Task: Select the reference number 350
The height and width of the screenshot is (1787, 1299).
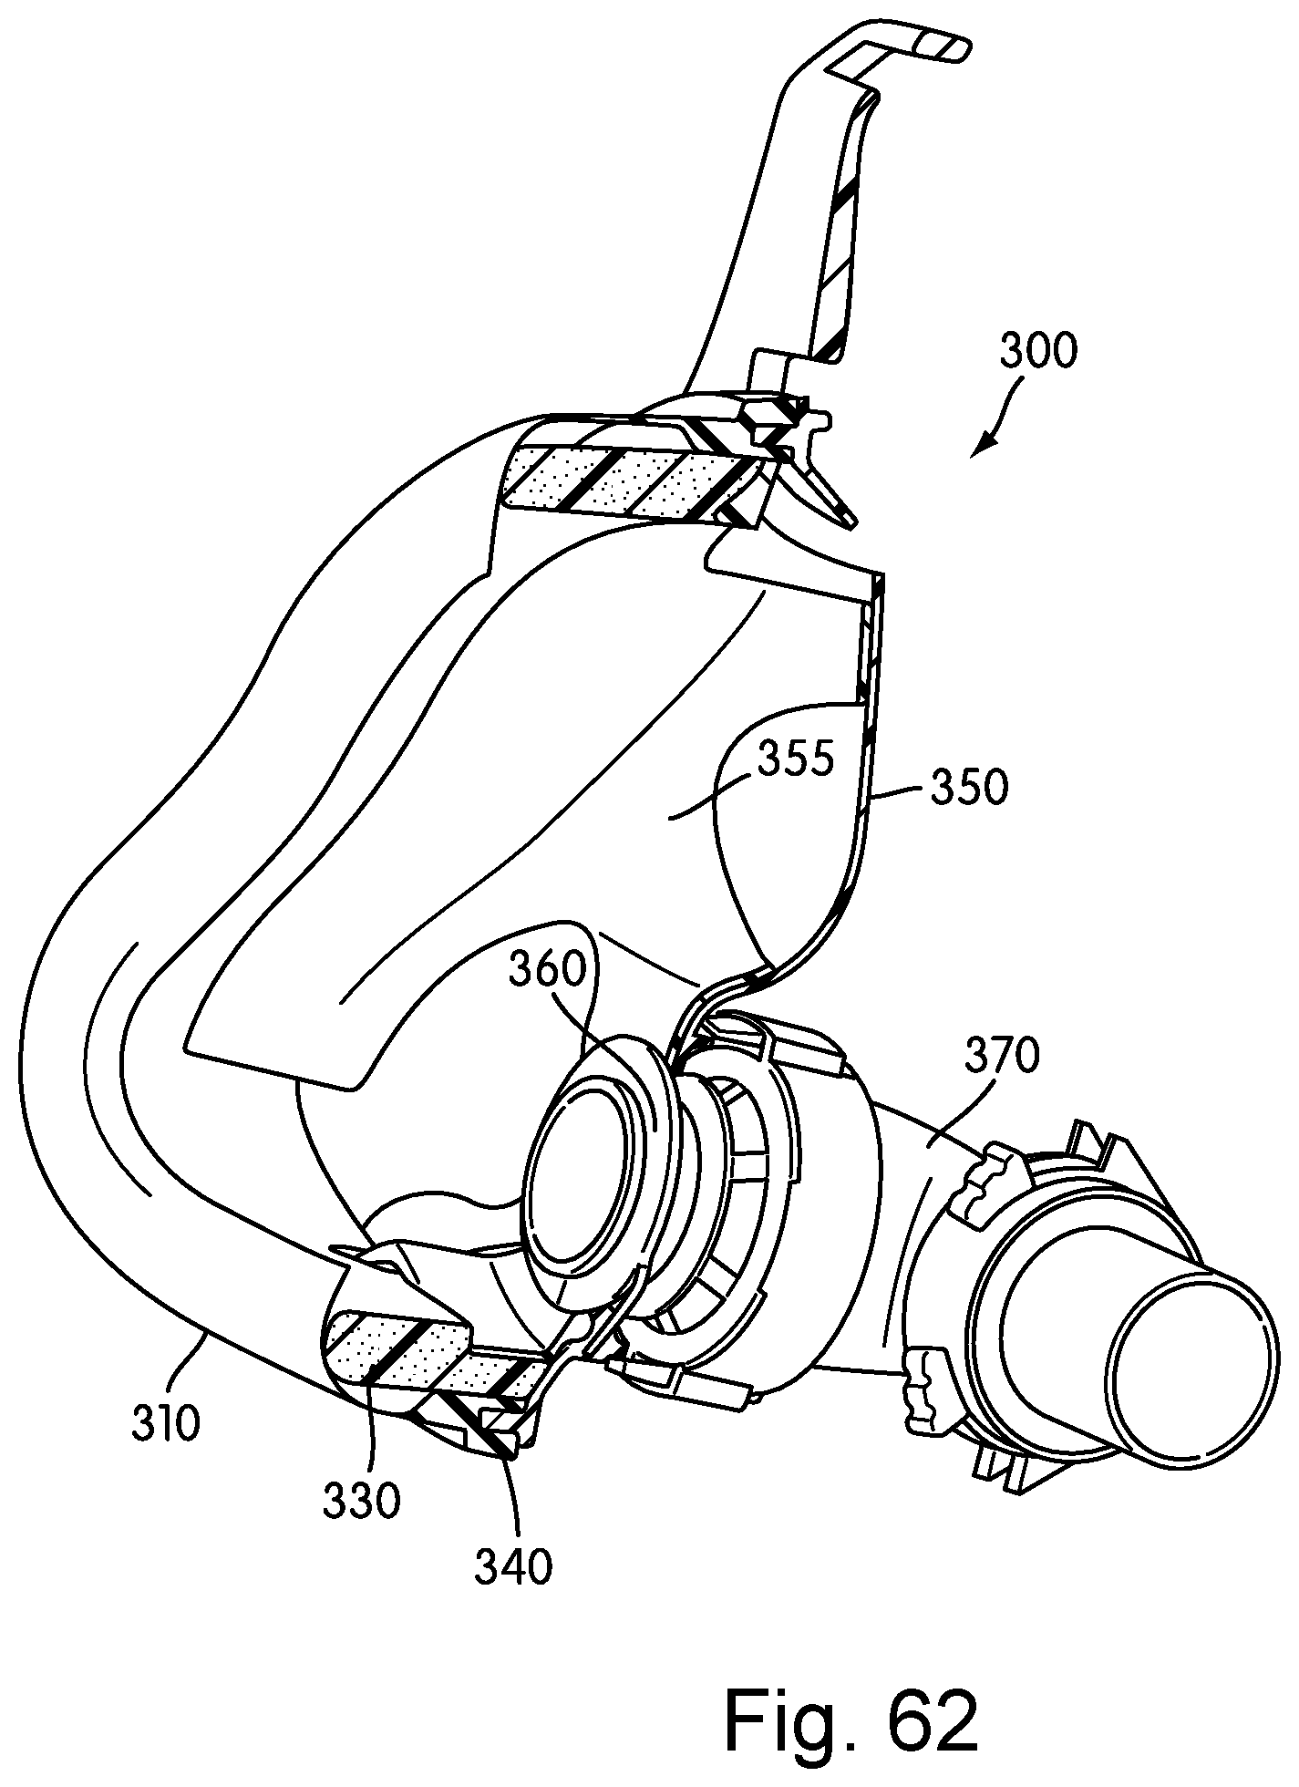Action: tap(970, 788)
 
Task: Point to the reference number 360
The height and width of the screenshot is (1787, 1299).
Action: tap(548, 973)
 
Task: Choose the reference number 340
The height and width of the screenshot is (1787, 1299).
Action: tap(514, 1565)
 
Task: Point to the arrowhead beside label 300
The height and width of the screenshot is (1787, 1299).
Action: tap(979, 448)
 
